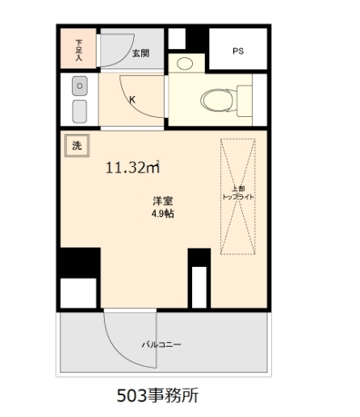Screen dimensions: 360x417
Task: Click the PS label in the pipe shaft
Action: pos(238,51)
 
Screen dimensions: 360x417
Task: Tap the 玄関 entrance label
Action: pos(140,53)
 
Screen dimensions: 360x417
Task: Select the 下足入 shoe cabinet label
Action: pos(78,50)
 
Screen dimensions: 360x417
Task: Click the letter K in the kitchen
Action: pos(132,100)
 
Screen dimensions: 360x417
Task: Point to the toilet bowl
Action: pos(216,101)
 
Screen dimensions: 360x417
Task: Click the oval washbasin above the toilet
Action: pos(185,64)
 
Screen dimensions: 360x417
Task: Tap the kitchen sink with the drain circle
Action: pos(80,85)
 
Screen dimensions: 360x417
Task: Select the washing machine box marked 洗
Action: pos(77,145)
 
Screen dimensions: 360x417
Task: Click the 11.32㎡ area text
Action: pos(133,167)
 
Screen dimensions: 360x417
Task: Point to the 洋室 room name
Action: pos(163,201)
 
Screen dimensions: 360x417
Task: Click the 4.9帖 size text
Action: pos(162,214)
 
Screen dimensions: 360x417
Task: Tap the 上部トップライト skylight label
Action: pos(238,193)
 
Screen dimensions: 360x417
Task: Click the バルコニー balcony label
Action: pos(161,344)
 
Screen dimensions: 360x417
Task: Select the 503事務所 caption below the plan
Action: pos(157,395)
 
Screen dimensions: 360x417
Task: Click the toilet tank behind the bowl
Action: pos(245,101)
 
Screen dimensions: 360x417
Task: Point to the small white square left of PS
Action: pos(177,39)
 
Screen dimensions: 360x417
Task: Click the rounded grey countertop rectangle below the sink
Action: pos(80,111)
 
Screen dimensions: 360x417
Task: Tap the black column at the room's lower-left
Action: pos(80,263)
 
